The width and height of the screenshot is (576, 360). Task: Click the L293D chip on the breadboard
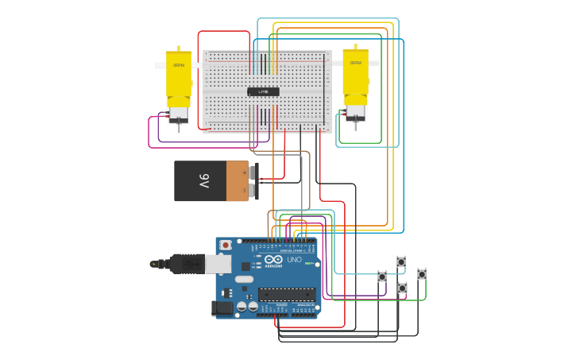pos(263,92)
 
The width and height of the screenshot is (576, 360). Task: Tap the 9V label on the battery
pos(204,181)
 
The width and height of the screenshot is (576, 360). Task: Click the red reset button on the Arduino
pos(226,245)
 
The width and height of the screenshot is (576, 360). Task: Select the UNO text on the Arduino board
pos(293,260)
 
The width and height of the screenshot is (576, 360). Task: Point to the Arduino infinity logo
pos(273,260)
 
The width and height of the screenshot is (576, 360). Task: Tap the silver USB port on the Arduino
pos(218,264)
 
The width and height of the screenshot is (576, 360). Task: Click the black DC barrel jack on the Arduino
pos(223,307)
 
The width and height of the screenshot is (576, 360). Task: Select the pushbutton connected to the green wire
pos(422,274)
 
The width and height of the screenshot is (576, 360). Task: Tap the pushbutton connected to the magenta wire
pos(402,288)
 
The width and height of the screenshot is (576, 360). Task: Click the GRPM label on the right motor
pos(355,63)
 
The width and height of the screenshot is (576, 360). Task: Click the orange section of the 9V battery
pos(237,181)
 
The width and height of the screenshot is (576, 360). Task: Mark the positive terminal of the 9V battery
pos(253,172)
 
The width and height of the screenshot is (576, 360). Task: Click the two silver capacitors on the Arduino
pos(244,279)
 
